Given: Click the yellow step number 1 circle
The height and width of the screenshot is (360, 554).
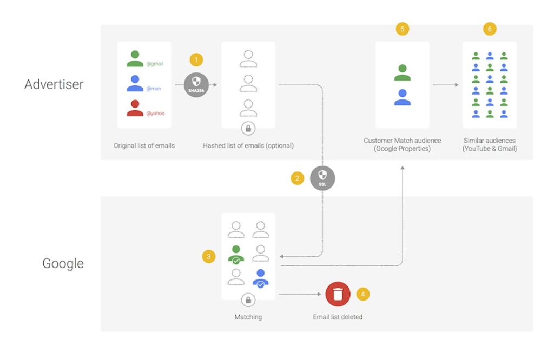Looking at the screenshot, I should [197, 59].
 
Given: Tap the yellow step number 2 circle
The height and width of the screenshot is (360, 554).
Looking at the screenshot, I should [298, 178].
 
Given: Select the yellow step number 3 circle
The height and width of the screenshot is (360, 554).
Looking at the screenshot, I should [209, 256].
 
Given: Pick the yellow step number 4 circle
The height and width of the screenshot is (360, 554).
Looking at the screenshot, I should [363, 294].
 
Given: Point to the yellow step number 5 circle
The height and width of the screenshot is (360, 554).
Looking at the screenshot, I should [402, 29].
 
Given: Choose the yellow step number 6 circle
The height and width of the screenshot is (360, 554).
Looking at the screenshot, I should [490, 29].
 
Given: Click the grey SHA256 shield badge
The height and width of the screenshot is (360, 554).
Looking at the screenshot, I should [196, 85].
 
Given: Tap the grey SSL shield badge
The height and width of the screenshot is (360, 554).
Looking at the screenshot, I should [322, 178].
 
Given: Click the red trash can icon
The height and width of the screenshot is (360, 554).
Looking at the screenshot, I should [338, 294].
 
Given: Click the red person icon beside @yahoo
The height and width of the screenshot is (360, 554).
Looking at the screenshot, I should [135, 108].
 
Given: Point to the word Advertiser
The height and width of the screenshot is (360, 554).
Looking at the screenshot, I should [54, 84].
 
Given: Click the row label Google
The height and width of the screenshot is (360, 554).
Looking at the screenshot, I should [63, 264].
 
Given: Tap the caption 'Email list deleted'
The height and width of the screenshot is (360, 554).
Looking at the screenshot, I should [338, 317].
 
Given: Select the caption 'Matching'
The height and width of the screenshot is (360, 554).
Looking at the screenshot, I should [248, 317].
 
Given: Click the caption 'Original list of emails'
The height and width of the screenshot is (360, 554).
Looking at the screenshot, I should [144, 145].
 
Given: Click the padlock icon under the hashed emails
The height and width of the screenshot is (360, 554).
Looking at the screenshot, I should [248, 129].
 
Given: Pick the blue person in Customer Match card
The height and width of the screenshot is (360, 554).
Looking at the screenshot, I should [402, 97].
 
